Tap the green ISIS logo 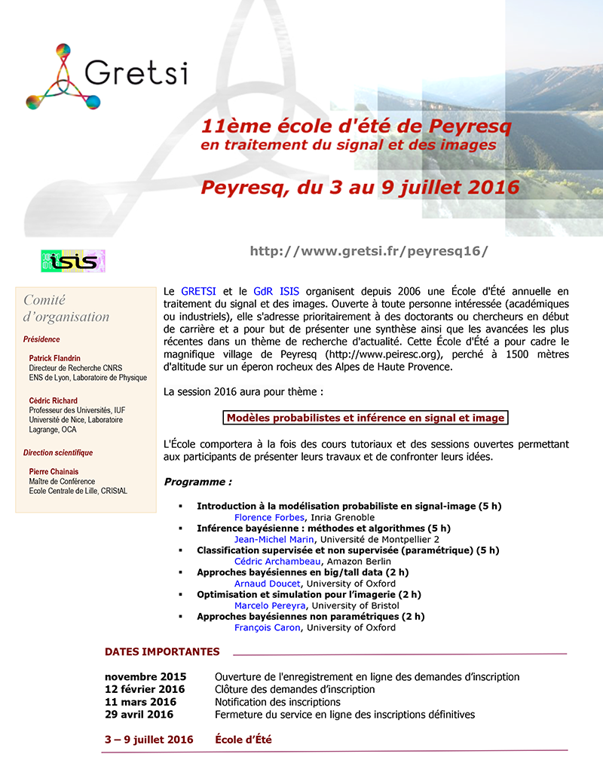[72, 261]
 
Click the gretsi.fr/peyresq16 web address [369, 251]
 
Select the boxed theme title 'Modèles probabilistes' [366, 418]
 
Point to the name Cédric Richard [54, 400]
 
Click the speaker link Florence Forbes [268, 517]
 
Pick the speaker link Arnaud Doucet [268, 583]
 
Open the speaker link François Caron [267, 627]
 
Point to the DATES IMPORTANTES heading [162, 651]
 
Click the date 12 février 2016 [145, 689]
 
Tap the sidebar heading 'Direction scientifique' [58, 453]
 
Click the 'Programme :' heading [197, 482]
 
